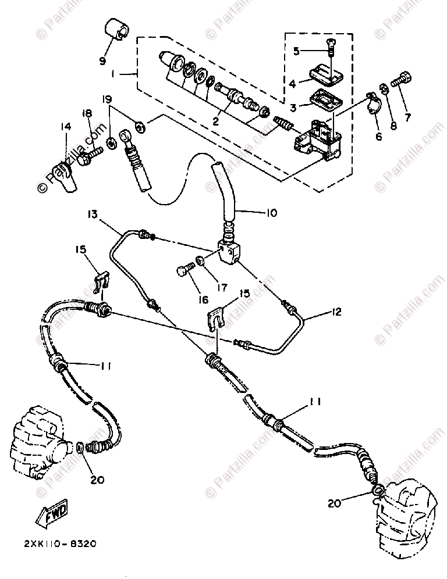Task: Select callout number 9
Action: point(102,60)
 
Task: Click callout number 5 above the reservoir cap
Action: point(296,51)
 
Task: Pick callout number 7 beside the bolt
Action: point(407,117)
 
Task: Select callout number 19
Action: point(107,99)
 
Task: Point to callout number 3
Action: point(293,107)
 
